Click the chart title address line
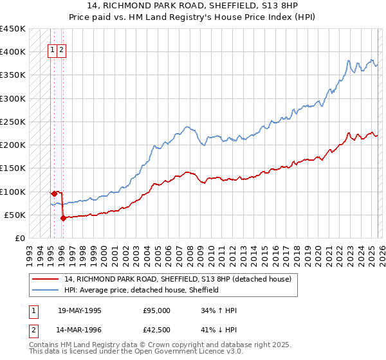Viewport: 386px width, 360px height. pos(192,5)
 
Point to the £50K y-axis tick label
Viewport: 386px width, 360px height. pos(15,215)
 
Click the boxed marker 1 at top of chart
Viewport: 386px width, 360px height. pos(51,50)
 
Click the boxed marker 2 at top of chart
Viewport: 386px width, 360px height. pos(60,50)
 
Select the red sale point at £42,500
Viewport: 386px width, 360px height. pos(63,218)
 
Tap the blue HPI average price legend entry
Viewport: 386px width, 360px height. pos(142,290)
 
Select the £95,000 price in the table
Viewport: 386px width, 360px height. pos(157,310)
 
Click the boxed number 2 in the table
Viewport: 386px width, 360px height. pos(32,332)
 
